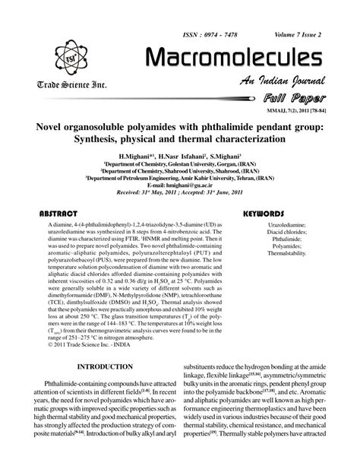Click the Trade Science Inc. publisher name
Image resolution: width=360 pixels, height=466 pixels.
point(67,82)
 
